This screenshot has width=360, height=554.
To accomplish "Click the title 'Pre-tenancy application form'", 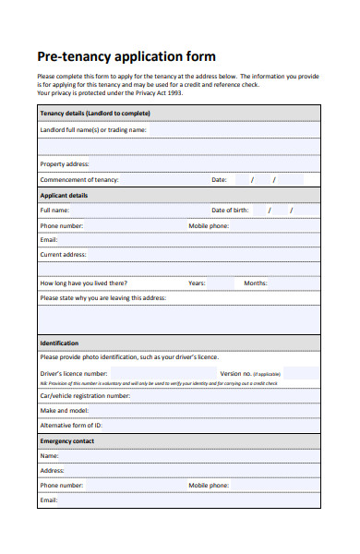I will (x=126, y=56).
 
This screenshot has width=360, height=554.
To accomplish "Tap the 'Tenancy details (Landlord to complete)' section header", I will (x=95, y=114).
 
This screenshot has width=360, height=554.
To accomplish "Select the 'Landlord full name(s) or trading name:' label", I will (x=93, y=130).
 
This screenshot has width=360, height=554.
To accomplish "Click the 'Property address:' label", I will (x=65, y=163).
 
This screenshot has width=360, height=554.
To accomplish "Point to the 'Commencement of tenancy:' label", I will (x=79, y=179).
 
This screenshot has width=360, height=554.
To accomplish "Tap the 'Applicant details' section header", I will (x=65, y=196).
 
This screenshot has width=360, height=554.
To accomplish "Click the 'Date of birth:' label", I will (x=230, y=211).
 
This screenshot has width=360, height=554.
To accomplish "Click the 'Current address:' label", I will (x=63, y=254).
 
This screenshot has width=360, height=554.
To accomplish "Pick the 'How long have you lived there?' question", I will (x=84, y=283).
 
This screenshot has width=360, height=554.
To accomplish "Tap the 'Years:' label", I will (x=197, y=283).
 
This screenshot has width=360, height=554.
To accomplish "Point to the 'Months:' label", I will (x=256, y=283).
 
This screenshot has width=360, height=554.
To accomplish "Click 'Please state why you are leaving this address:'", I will (x=103, y=298).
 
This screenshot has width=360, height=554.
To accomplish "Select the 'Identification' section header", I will (x=59, y=343).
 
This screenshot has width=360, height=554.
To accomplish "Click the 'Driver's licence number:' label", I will (x=80, y=374).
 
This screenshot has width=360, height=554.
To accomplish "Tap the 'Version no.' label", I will (x=236, y=374).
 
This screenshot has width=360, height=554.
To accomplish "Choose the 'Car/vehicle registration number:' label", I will (x=85, y=395).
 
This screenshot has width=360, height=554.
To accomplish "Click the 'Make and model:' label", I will (x=65, y=410).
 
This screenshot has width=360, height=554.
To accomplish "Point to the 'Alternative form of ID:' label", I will (x=71, y=426).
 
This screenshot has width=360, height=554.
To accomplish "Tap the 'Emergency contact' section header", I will (x=66, y=441).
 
